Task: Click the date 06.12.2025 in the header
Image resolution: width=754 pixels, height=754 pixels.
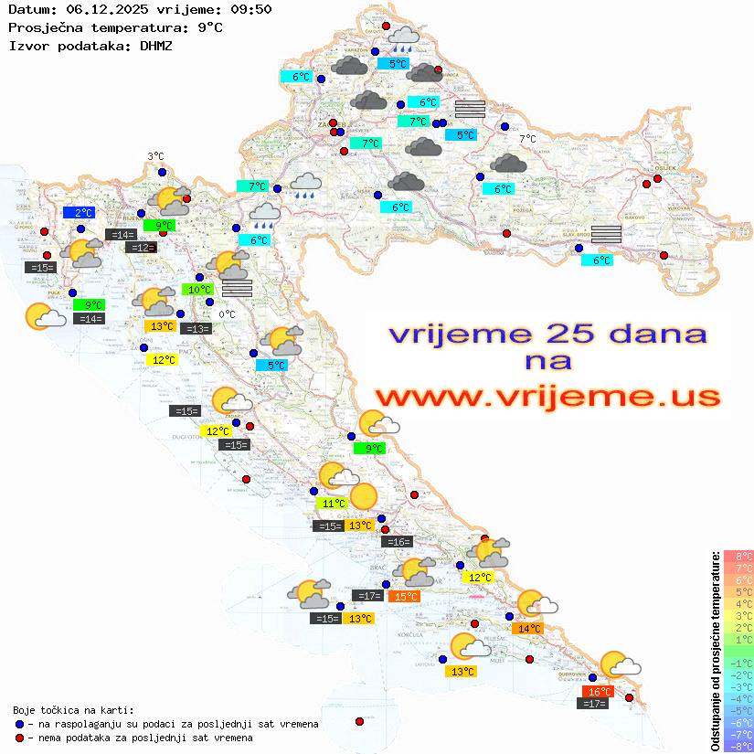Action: pos(101,10)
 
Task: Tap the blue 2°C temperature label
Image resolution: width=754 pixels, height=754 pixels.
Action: pos(79,212)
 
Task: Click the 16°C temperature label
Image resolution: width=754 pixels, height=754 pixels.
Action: pos(597,692)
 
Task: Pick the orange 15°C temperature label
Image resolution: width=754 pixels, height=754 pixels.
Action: pos(403,596)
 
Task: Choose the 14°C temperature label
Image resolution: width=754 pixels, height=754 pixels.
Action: pos(529,628)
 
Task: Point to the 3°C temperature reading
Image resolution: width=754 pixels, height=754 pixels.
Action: pos(155,156)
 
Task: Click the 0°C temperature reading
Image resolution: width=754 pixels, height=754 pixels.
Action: pos(227,314)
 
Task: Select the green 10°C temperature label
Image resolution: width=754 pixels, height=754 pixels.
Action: pos(198,290)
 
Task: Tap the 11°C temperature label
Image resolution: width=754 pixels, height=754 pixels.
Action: pos(331,503)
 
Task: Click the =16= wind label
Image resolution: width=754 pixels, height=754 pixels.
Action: pos(398,542)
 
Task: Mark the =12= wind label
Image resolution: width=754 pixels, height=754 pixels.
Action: pos(141,247)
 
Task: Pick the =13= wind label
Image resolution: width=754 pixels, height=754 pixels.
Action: pos(196,328)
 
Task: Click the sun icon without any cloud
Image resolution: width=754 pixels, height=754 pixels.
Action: pos(363,496)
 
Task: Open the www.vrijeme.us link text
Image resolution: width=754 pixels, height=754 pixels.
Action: pos(547,397)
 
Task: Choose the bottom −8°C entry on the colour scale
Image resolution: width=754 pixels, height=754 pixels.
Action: pos(738,746)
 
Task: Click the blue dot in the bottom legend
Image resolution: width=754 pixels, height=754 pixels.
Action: pos(20,724)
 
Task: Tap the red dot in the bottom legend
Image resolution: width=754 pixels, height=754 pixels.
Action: pos(20,738)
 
